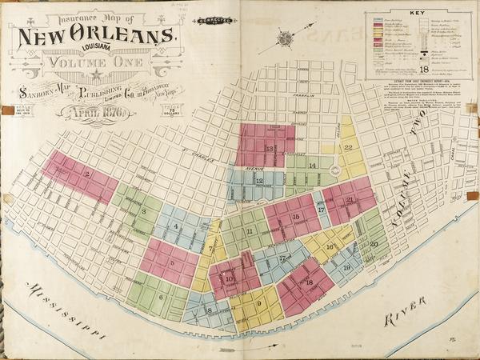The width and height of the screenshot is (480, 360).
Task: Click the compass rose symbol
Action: pyautogui.click(x=286, y=37)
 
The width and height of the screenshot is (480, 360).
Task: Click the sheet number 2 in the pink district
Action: pyautogui.click(x=86, y=174)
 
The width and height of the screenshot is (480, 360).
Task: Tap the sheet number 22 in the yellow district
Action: pyautogui.click(x=348, y=147)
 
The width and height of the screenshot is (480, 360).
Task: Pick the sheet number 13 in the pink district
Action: pyautogui.click(x=270, y=149)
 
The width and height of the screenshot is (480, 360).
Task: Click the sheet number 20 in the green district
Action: pyautogui.click(x=374, y=244)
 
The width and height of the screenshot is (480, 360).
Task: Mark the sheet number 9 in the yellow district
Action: pyautogui.click(x=259, y=304)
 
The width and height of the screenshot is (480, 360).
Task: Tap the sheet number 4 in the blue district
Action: pyautogui.click(x=176, y=227)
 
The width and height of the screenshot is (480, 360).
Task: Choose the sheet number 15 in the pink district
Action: pyautogui.click(x=295, y=217)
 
